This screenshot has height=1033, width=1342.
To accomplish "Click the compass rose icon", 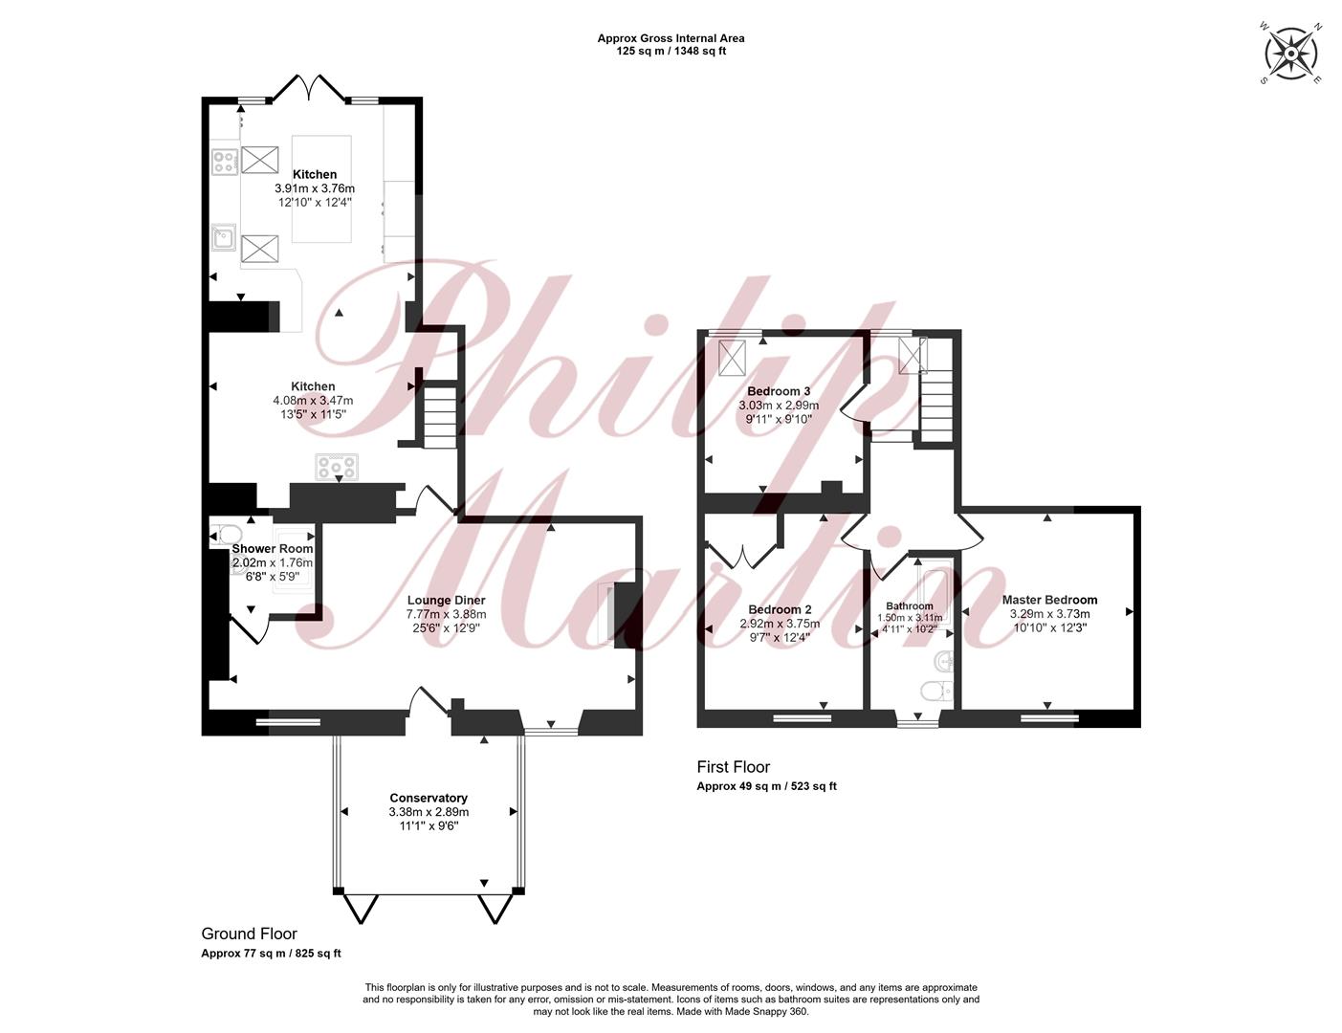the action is coord(1290,54).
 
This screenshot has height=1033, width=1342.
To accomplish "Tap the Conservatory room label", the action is coord(428,798).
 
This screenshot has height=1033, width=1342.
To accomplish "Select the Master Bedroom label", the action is coord(1049,600).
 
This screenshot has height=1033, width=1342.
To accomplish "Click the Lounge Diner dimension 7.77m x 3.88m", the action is coord(446,614).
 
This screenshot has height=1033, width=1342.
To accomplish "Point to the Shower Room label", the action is coord(273,549).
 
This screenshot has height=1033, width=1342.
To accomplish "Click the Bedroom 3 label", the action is coord(779,391).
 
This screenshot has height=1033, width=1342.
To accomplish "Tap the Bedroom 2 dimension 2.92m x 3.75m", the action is coord(780,624).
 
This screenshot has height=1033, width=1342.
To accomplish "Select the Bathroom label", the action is coord(909,606).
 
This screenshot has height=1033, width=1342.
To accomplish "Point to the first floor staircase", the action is coord(936,403).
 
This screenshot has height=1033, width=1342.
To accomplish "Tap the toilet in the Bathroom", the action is coord(936,691).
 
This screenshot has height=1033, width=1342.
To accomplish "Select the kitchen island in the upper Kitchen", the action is coord(321,189).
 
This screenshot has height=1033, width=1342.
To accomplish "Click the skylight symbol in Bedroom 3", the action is coord(733,357).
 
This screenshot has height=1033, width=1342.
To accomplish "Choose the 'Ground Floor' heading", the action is coord(250,934).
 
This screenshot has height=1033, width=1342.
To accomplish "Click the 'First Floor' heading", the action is coord(733,767).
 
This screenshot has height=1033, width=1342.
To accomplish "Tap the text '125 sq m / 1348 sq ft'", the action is coord(671,52).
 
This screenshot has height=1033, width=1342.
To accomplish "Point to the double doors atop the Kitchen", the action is coord(309,88).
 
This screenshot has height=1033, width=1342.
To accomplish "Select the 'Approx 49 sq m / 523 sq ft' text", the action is coord(766,786).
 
